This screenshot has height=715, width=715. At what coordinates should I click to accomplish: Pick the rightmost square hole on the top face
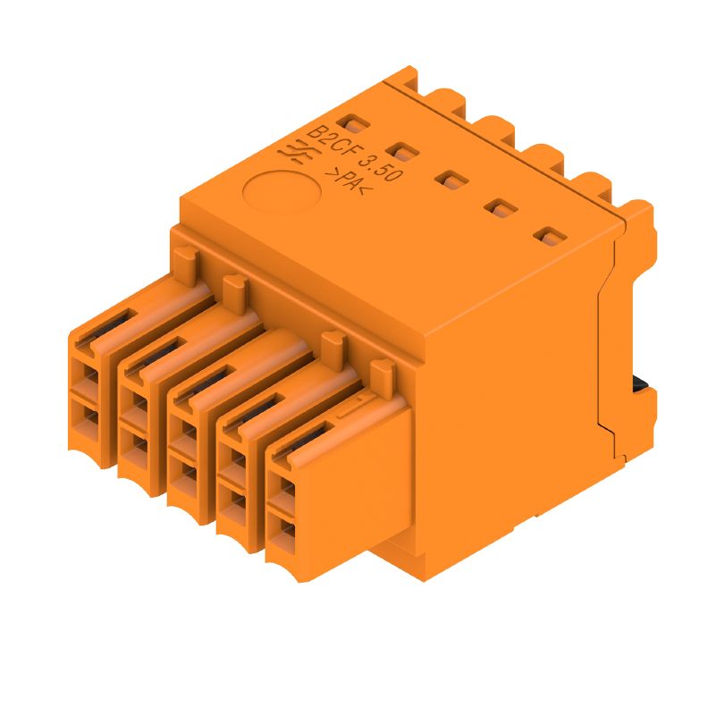click(549, 238)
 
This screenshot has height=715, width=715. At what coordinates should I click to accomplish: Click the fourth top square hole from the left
click(500, 209)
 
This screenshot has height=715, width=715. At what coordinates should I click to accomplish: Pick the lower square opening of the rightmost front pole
click(284, 535)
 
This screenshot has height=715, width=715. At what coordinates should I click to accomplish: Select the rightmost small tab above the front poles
click(382, 369)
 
